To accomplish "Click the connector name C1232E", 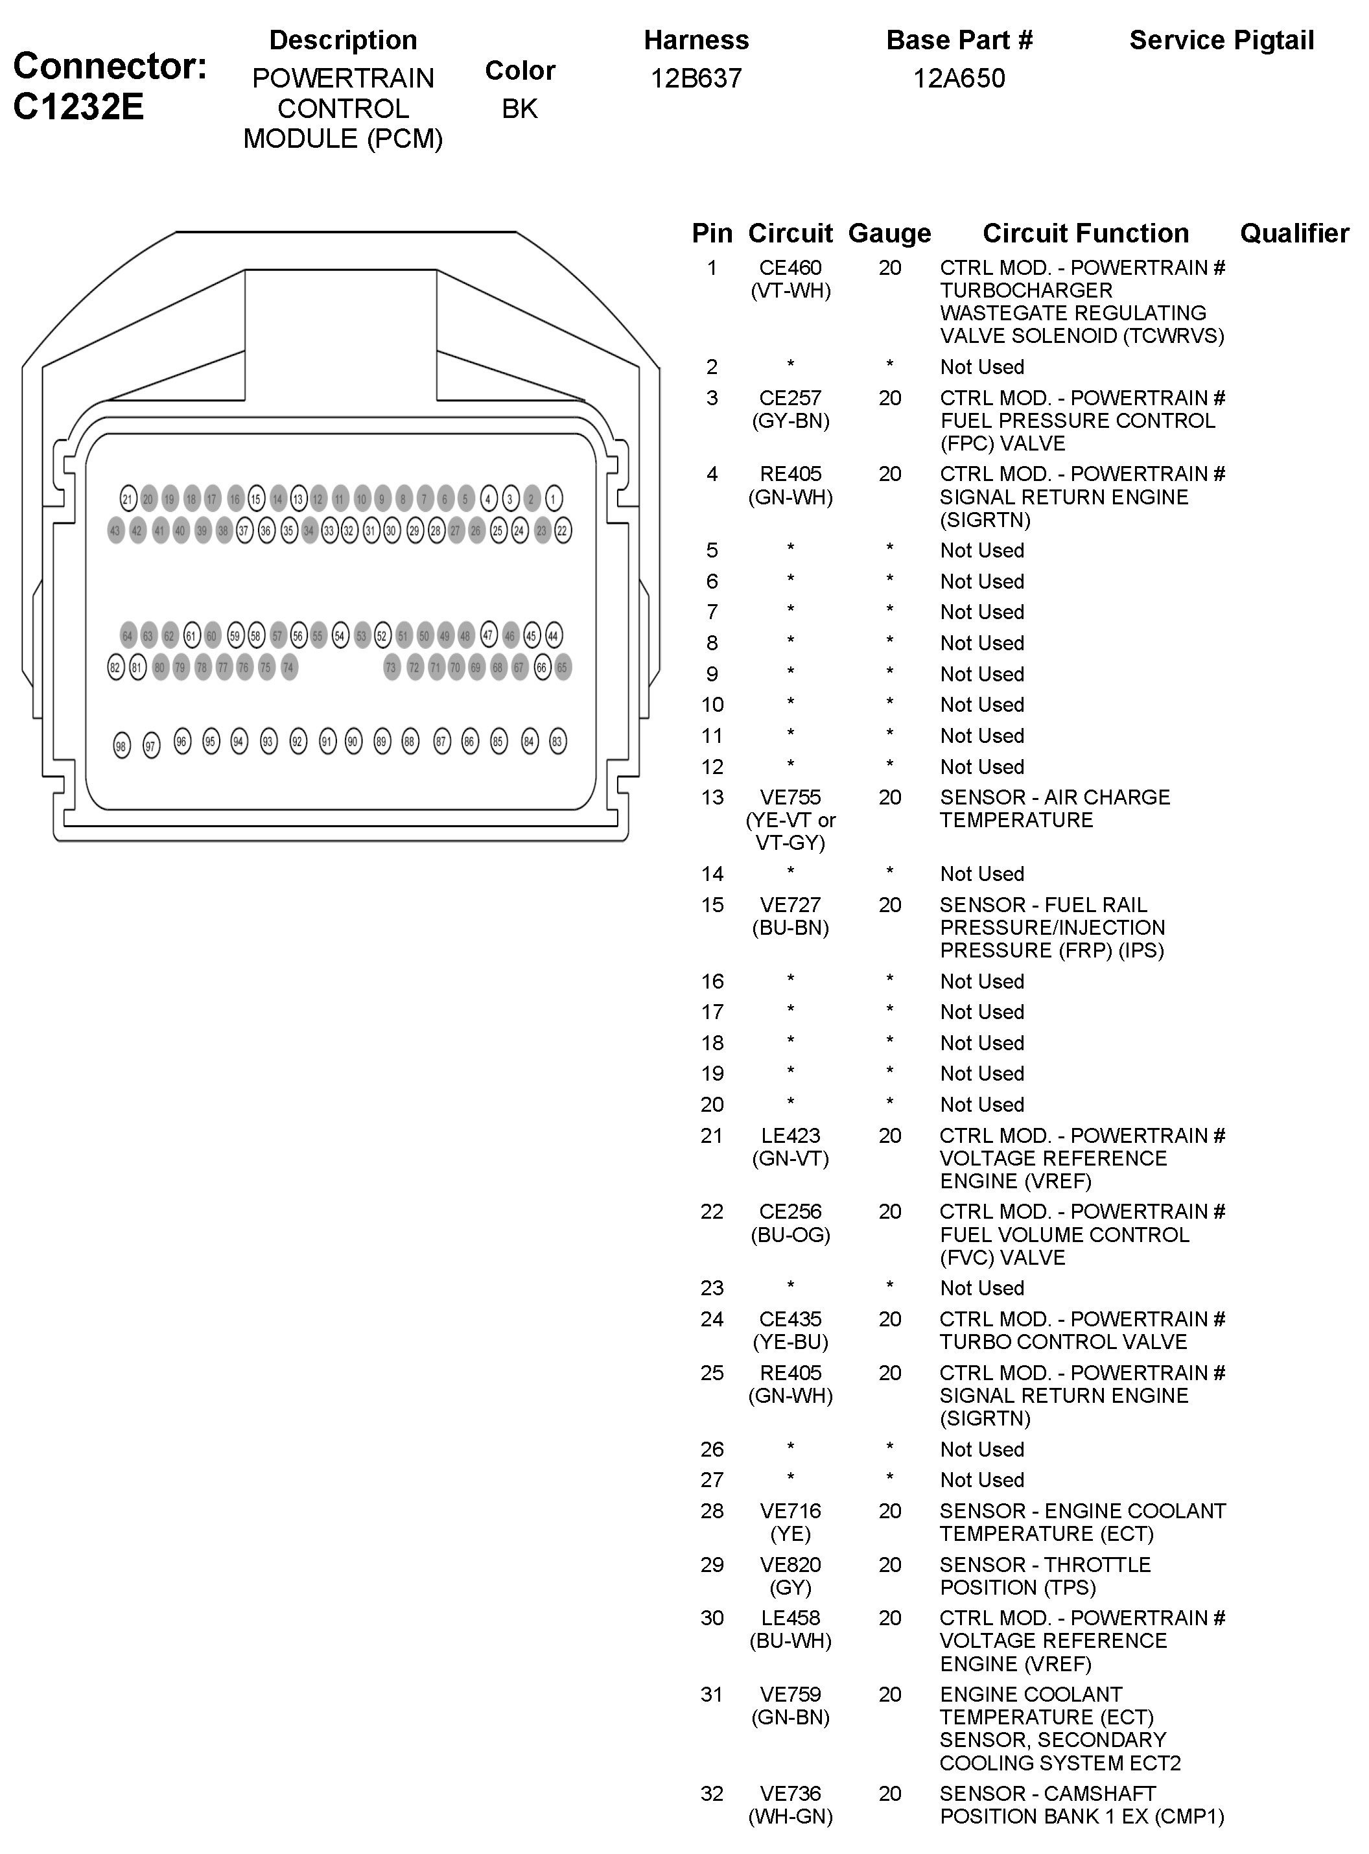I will tap(78, 106).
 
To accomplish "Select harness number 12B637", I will tap(696, 78).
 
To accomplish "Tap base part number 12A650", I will tap(959, 78).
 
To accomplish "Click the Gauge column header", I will tap(889, 234).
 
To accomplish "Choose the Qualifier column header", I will tap(1294, 234).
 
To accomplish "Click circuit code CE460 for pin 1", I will tap(791, 268).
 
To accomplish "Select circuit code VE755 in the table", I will tap(791, 797).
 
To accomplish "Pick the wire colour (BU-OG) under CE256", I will tap(791, 1235).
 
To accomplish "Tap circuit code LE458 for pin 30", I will tap(791, 1618).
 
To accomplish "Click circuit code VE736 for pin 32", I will tap(791, 1794).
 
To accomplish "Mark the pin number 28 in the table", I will tap(712, 1511).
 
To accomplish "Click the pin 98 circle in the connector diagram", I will tap(121, 746).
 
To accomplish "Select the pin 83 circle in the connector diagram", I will tap(557, 741).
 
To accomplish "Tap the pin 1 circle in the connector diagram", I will tap(554, 498).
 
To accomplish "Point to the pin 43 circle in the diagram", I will tap(115, 530).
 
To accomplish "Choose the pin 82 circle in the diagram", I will tap(115, 667).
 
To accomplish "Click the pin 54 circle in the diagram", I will tap(340, 636).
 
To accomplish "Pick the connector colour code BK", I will tap(520, 108).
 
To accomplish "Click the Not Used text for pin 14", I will tap(982, 874).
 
